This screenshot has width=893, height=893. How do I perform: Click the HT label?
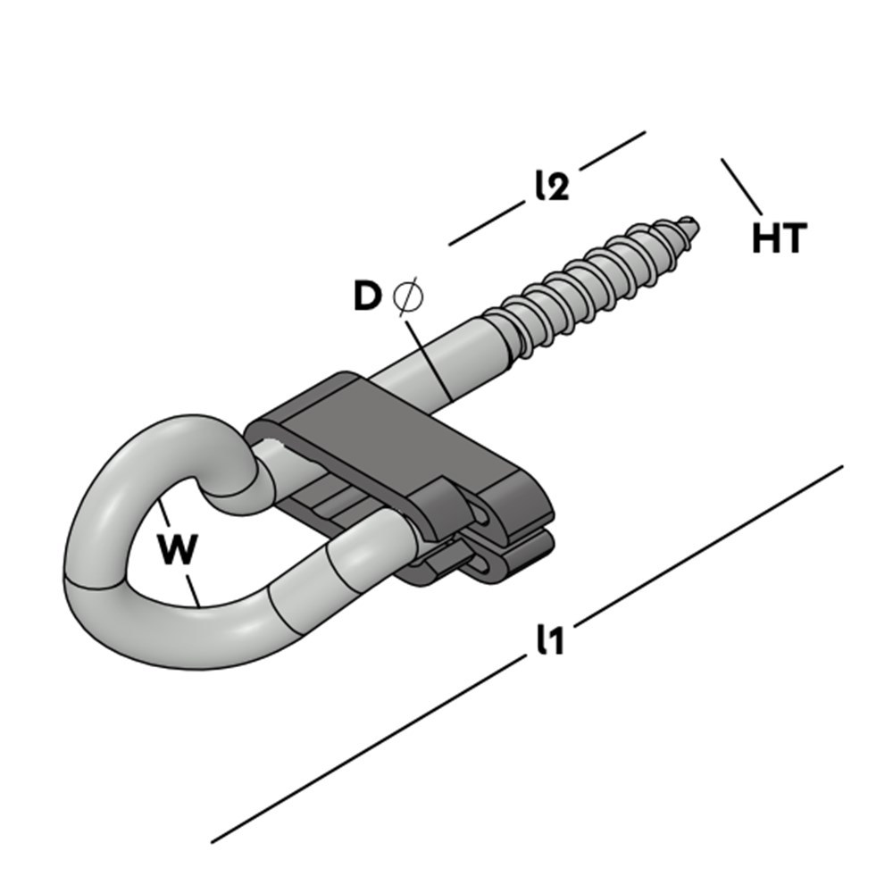[780, 239]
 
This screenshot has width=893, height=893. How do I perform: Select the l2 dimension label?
[552, 185]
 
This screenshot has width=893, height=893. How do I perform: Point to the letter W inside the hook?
[178, 549]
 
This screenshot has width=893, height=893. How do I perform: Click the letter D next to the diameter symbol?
[367, 296]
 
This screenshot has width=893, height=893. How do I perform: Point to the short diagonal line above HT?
[741, 186]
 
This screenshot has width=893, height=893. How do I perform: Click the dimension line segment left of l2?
[486, 226]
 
